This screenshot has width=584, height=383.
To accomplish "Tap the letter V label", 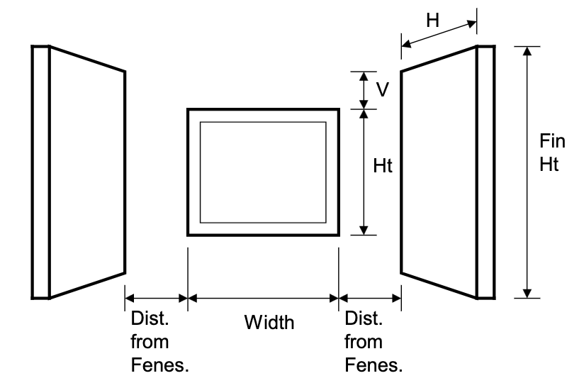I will (x=382, y=90).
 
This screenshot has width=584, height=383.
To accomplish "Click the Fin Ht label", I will (x=549, y=153).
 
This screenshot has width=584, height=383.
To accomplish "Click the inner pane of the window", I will (x=262, y=172).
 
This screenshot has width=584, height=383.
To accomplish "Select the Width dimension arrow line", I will (x=263, y=299).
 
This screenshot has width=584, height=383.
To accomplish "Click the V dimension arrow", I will (x=364, y=89).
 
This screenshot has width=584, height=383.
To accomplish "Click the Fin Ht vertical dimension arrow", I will (x=527, y=172).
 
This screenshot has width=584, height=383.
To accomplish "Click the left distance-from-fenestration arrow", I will (x=156, y=299).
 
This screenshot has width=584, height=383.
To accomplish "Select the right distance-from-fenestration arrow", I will (x=370, y=299).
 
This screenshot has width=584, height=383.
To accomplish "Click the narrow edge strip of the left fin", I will (x=40, y=172).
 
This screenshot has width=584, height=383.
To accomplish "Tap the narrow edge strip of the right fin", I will (x=485, y=172).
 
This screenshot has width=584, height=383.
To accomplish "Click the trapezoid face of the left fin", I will (x=86, y=172).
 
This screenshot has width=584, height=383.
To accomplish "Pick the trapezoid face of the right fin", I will (x=439, y=172).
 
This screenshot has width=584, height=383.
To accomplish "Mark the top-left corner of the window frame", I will (x=189, y=110).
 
